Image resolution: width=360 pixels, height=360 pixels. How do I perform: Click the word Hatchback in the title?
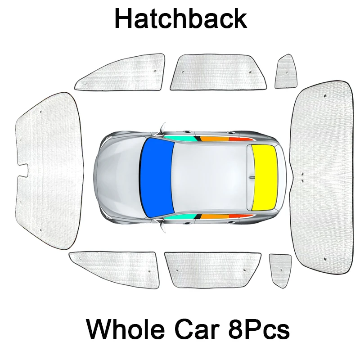(180, 19)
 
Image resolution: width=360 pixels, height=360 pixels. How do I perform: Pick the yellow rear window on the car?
(265, 177)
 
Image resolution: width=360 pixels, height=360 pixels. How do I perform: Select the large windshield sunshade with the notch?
(49, 171)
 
